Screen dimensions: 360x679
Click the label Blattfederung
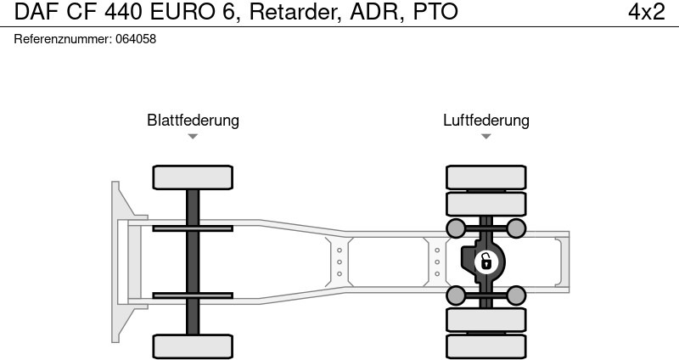click(193, 120)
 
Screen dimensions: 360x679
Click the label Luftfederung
click(485, 120)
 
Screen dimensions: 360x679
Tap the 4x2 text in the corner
click(646, 12)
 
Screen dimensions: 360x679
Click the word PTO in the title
click(435, 12)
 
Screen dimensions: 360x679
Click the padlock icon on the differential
click(486, 261)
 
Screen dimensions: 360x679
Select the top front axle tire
click(193, 177)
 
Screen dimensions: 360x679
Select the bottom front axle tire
click(193, 346)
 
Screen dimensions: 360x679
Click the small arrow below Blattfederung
click(193, 137)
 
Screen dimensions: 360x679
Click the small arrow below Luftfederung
click(485, 137)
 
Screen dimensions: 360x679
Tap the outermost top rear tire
click(486, 177)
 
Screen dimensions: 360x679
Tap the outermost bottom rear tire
click(486, 346)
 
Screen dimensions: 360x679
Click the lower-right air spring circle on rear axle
click(516, 295)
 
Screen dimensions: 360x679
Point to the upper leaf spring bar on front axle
click(193, 228)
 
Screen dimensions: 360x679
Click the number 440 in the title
click(136, 12)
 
